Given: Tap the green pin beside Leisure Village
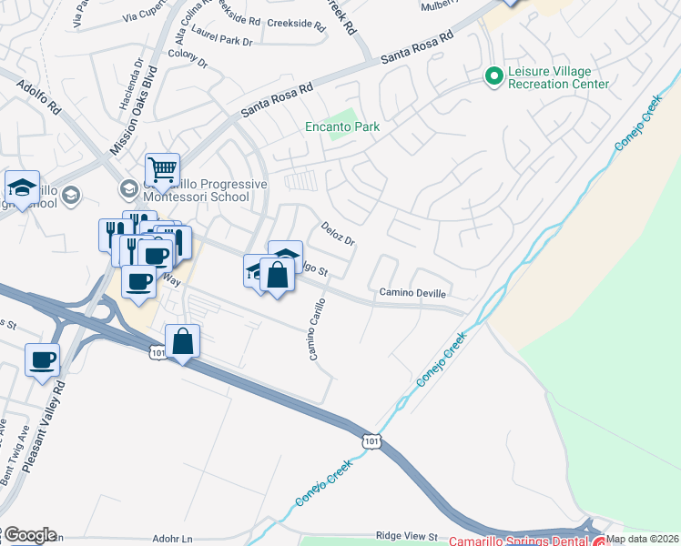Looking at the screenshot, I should [494, 76].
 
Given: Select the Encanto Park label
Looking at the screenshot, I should [341, 127].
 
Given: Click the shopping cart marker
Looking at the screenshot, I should [162, 168].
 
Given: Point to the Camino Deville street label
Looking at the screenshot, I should [412, 294].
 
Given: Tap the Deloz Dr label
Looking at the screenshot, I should [336, 233].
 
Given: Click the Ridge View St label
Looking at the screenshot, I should [407, 537].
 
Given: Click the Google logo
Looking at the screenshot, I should [29, 535].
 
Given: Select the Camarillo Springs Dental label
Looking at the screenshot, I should [520, 540].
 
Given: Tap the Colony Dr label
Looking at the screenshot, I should [188, 64].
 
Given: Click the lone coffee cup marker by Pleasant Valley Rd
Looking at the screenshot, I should [43, 360].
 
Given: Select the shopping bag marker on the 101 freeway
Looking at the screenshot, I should [182, 341].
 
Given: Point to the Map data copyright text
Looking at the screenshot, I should [643, 539].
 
